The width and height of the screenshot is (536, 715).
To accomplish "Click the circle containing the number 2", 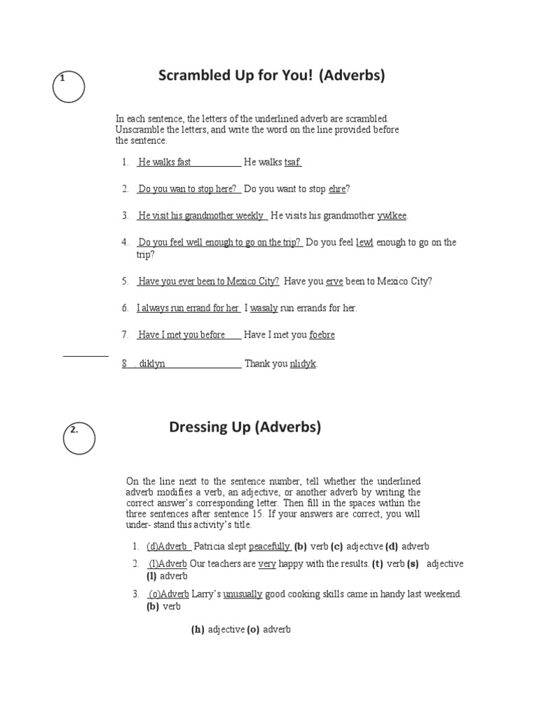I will point(78,438).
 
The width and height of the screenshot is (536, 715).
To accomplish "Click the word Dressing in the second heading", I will point(197,427).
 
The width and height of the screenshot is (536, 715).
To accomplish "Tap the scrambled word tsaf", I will point(293,163).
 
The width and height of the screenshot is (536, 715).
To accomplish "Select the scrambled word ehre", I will point(337,189).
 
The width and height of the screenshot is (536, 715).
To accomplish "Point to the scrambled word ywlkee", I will point(392,216).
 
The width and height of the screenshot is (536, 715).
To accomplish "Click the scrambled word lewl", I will point(365,242).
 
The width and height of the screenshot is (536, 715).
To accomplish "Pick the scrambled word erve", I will point(335,281).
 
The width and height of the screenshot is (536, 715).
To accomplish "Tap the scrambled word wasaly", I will point(264,308).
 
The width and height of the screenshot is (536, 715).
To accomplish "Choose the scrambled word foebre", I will point(322,335).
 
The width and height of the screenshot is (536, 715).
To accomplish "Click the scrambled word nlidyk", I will point(303,364).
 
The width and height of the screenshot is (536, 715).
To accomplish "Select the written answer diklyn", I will point(152,364).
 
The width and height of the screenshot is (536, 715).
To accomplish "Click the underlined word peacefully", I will point(269,546).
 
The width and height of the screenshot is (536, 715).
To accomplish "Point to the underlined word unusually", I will point(243,594).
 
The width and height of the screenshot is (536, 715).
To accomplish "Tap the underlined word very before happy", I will point(267,563).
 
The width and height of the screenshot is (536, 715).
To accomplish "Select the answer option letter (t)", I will point(377,563).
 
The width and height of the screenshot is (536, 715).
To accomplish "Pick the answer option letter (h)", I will point(198,629).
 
